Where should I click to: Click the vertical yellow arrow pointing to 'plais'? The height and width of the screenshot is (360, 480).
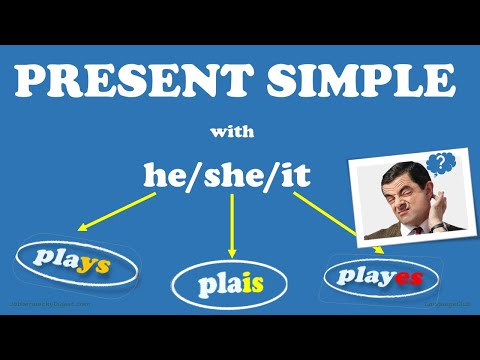232,227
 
